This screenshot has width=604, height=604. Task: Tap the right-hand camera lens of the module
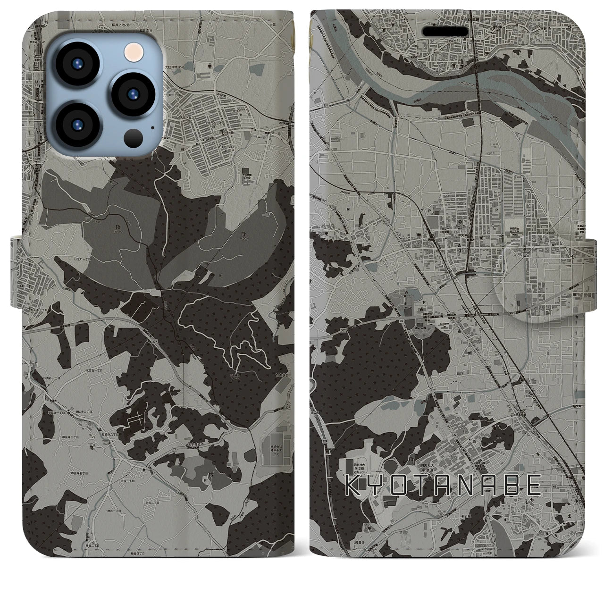pos(132,92)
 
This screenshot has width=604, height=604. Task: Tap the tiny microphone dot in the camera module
pos(152,126)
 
